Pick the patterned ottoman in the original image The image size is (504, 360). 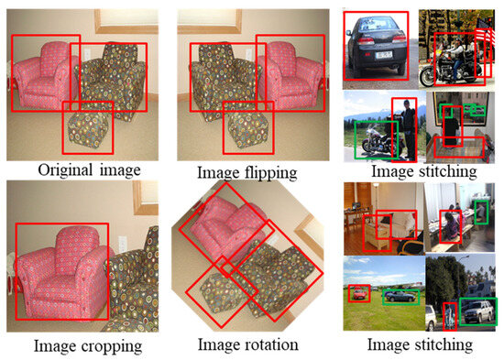(89, 128)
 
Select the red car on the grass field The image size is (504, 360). (358, 294)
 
